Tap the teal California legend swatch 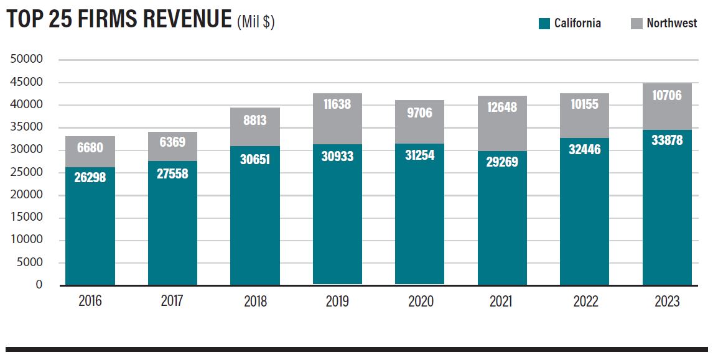click(x=544, y=24)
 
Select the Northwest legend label click(x=671, y=24)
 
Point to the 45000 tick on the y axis click(x=27, y=82)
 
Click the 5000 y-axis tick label click(x=29, y=262)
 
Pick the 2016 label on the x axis click(x=90, y=302)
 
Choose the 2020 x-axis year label click(x=420, y=302)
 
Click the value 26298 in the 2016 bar click(x=90, y=178)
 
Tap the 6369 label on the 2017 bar click(x=172, y=142)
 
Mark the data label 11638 click(x=337, y=104)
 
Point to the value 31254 click(x=420, y=155)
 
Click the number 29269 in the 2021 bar click(x=501, y=162)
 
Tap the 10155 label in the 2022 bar click(x=584, y=104)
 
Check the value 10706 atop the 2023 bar click(x=667, y=95)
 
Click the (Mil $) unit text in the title click(x=256, y=22)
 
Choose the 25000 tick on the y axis click(x=27, y=172)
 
